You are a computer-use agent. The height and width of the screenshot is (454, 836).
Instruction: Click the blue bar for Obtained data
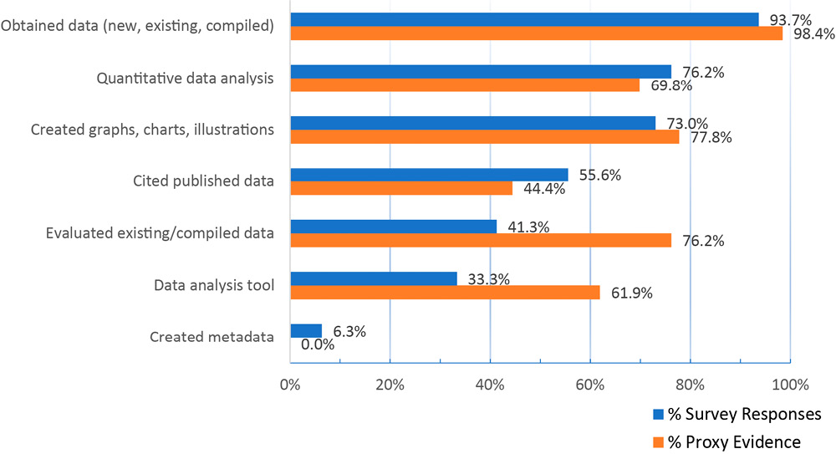[x=524, y=19]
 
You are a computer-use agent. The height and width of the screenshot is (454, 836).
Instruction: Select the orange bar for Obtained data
[x=536, y=33]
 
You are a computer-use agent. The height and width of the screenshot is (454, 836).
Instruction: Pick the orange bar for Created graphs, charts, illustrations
[x=484, y=137]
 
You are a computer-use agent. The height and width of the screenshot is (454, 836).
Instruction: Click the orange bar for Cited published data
[x=401, y=189]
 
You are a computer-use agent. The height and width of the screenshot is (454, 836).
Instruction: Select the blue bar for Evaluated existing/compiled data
[x=393, y=227]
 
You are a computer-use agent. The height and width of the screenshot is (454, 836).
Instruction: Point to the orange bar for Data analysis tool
[x=445, y=293]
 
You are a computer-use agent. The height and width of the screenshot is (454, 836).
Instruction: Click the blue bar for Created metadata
[x=306, y=330]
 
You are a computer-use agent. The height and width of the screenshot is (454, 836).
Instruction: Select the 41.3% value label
[x=527, y=227]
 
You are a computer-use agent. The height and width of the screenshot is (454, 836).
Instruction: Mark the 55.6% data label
[x=596, y=175]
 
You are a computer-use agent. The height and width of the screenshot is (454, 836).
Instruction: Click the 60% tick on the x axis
[x=590, y=385]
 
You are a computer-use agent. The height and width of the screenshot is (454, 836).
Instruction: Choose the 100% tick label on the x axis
[x=790, y=385]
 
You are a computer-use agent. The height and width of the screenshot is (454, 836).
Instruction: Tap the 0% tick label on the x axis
[x=290, y=385]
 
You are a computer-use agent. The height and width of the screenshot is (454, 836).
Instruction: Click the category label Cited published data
[x=203, y=181]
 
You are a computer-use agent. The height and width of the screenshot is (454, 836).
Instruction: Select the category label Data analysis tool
[x=214, y=286]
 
